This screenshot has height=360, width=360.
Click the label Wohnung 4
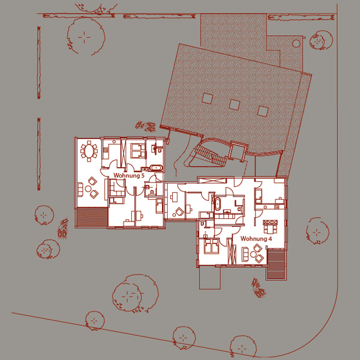(256, 239)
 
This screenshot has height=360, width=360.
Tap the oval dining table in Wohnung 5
(89, 152)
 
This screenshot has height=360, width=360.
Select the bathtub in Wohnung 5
(156, 168)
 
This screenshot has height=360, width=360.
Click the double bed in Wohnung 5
(138, 151)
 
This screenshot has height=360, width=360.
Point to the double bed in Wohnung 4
(211, 246)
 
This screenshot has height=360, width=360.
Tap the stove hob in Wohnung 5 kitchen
(106, 150)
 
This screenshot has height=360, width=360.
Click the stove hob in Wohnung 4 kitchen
(277, 206)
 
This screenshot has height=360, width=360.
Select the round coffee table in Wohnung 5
(88, 189)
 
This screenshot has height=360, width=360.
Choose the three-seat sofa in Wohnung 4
(245, 254)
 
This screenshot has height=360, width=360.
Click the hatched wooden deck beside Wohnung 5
(92, 217)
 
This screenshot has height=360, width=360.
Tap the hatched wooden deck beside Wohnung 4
(276, 264)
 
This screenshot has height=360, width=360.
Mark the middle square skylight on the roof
(234, 104)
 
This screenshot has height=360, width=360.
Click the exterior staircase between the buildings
(210, 156)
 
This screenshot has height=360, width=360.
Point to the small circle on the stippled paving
(296, 43)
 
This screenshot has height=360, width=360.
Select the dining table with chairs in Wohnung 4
(270, 227)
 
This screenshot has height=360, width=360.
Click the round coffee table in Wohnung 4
(253, 254)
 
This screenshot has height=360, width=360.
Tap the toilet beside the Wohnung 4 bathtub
(239, 209)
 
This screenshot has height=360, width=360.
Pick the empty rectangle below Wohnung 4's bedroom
(209, 278)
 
